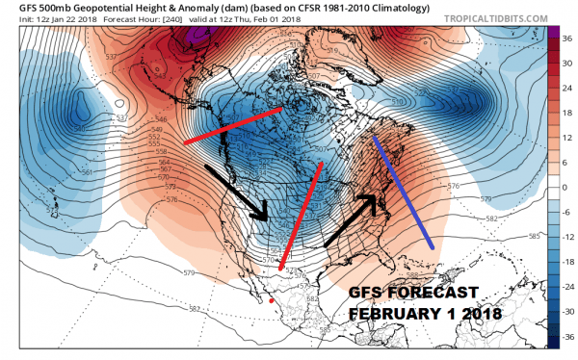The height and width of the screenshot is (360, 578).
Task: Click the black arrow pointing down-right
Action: [x=237, y=193]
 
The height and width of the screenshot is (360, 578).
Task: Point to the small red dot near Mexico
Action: [x=272, y=302]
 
